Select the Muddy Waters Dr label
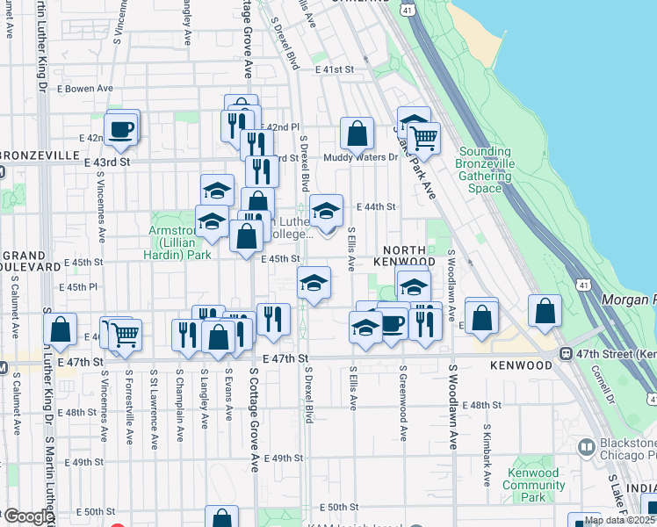[360, 158]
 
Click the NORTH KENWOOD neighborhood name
[404, 256]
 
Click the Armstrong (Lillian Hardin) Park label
[179, 242]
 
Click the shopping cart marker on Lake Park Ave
[423, 137]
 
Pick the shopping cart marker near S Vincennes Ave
[124, 334]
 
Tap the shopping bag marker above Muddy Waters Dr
[357, 134]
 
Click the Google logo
[29, 516]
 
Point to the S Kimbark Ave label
[487, 456]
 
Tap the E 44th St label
[377, 206]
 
